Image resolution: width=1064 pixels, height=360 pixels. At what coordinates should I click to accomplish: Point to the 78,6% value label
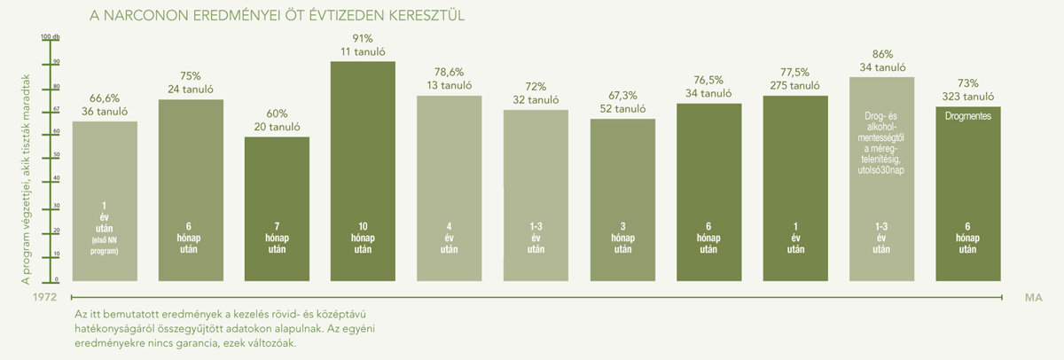click(449, 70)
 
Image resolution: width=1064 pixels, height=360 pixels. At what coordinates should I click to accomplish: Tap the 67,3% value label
click(622, 95)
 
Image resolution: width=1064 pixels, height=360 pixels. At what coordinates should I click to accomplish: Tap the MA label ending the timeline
click(1032, 300)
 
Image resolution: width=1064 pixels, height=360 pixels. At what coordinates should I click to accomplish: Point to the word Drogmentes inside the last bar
click(967, 116)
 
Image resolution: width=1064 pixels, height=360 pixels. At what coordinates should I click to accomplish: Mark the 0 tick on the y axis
click(56, 278)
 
